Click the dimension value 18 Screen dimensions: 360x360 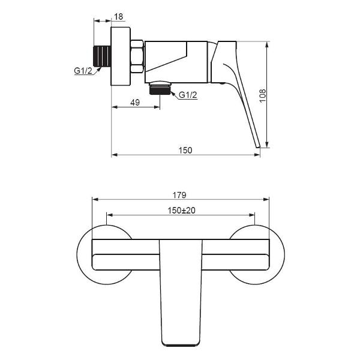coord(118,17)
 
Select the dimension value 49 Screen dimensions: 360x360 coord(135,103)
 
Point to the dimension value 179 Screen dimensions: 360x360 coord(179,195)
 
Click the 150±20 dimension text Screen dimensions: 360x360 coord(181,211)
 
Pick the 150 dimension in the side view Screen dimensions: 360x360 coord(185,150)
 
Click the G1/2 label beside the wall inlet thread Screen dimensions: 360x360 coord(83,71)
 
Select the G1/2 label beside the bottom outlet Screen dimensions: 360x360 coord(188,95)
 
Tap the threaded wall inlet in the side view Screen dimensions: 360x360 coord(103,56)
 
